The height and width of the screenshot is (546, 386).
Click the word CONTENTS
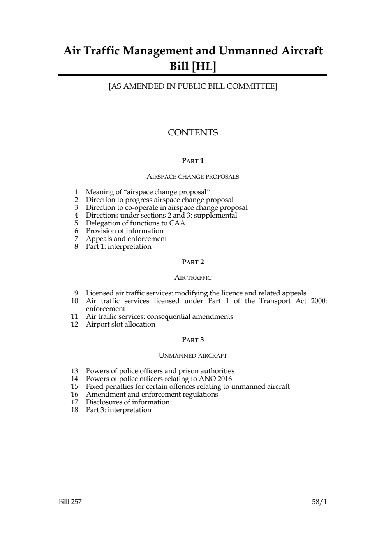pyautogui.click(x=193, y=133)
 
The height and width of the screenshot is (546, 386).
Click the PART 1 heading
pyautogui.click(x=193, y=161)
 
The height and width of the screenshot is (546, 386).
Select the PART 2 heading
pyautogui.click(x=193, y=262)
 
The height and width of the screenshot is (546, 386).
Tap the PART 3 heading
pyautogui.click(x=193, y=340)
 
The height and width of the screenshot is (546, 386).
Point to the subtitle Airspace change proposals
pyautogui.click(x=193, y=177)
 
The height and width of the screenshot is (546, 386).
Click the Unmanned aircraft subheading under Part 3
pyautogui.click(x=193, y=356)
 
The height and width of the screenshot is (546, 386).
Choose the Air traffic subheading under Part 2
pyautogui.click(x=193, y=278)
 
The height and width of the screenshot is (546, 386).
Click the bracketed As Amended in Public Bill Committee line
pyautogui.click(x=193, y=86)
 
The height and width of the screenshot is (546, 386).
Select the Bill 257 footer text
pyautogui.click(x=70, y=502)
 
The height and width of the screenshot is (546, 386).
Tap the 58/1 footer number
pyautogui.click(x=319, y=502)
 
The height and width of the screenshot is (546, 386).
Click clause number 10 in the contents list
pyautogui.click(x=74, y=301)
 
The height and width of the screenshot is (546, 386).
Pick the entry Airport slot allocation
pyautogui.click(x=120, y=324)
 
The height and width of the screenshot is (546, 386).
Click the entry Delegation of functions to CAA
pyautogui.click(x=135, y=223)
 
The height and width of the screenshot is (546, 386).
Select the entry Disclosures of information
pyautogui.click(x=127, y=402)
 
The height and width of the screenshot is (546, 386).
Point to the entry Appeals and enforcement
pyautogui.click(x=126, y=239)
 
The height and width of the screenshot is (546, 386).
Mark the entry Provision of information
pyautogui.click(x=125, y=231)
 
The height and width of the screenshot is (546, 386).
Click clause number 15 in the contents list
pyautogui.click(x=74, y=386)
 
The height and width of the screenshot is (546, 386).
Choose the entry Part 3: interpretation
pyautogui.click(x=118, y=410)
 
